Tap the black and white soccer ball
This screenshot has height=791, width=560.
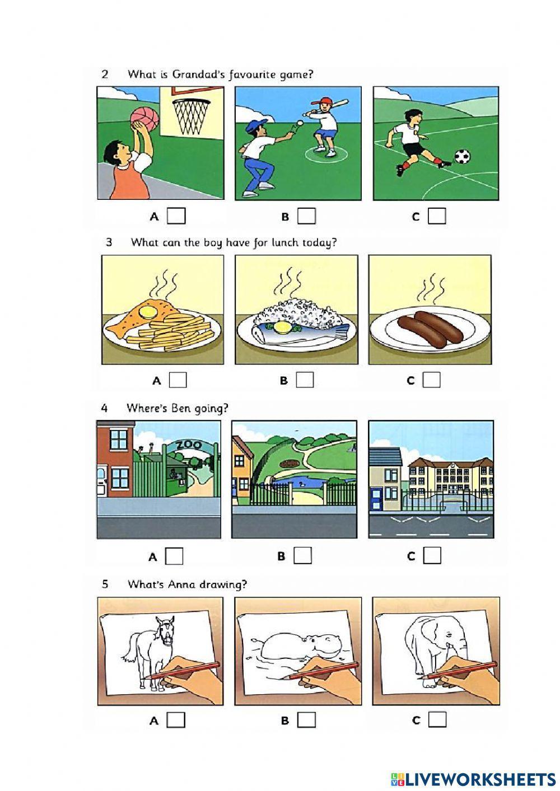pos(462,156)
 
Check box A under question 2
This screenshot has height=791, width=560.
pos(176,216)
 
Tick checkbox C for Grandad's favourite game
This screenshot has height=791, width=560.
pos(437,216)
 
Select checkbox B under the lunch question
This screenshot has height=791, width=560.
pos(305,380)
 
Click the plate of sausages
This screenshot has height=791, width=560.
pos(430,330)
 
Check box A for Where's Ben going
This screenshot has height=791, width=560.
pos(175,556)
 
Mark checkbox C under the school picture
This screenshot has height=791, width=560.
pos(432,555)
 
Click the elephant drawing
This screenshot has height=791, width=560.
pos(434,644)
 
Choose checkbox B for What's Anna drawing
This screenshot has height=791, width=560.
pos(306,720)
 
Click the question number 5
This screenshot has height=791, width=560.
pos(105,584)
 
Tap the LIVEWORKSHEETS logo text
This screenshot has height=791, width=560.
pos(480,779)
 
